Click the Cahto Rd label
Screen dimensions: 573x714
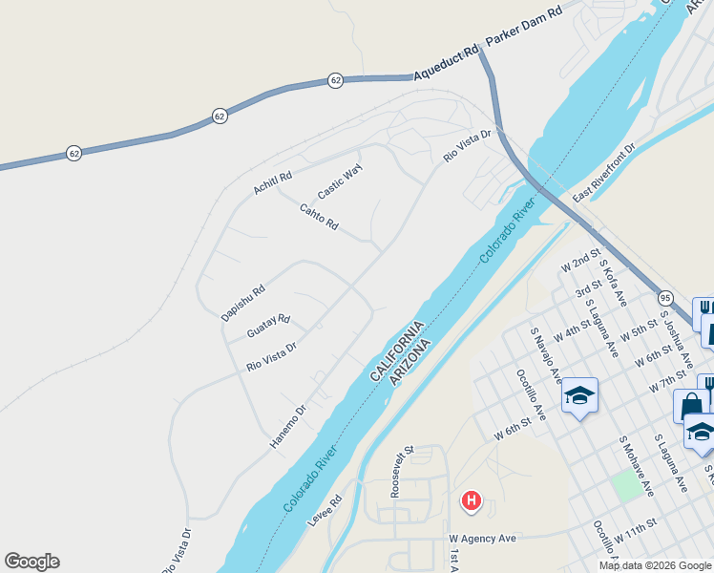point(319,218)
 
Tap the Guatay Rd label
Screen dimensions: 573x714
point(267,326)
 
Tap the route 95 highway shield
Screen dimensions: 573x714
point(665,299)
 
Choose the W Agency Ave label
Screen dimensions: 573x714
point(483,539)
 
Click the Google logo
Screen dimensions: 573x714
point(31,562)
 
